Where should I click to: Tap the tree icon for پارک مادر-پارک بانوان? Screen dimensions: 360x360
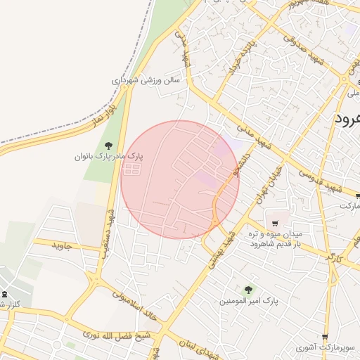click(x=107, y=145)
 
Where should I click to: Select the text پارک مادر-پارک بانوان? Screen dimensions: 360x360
click(x=109, y=155)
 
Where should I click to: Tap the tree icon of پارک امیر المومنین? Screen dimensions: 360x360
click(x=247, y=289)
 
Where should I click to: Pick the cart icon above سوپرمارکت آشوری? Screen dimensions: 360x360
click(x=325, y=337)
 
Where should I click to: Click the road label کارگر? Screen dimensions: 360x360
click(x=332, y=256)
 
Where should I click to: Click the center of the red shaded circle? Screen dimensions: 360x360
click(x=180, y=179)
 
